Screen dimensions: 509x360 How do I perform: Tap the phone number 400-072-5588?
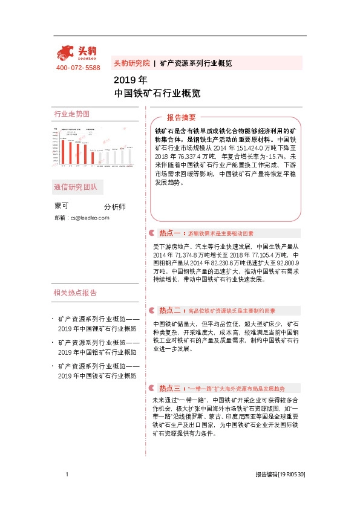point(78,68)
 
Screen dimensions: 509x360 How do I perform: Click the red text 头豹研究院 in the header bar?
point(131,63)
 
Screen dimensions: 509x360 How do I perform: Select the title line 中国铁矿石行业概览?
point(157,94)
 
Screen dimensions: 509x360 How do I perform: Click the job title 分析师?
point(115,207)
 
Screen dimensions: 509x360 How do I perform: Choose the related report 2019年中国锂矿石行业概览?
point(97,329)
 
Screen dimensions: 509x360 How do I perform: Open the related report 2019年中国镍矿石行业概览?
point(97,376)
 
